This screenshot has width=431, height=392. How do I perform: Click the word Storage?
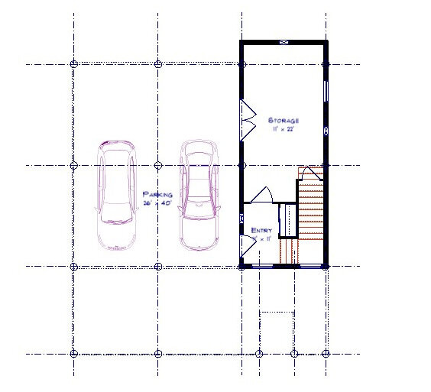click(283, 121)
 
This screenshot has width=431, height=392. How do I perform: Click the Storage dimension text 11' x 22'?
click(283, 130)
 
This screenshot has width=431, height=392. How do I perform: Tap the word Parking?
click(157, 194)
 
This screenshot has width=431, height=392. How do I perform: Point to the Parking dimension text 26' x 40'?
click(157, 202)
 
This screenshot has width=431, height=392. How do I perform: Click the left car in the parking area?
click(116, 194)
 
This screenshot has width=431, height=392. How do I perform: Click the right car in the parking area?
click(199, 194)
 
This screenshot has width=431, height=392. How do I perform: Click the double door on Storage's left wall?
click(248, 119)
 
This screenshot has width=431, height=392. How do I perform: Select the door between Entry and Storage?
click(261, 194)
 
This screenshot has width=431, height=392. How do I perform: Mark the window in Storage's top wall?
click(284, 43)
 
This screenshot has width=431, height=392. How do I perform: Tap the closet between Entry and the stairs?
click(287, 220)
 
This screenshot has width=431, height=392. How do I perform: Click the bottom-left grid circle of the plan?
click(74, 354)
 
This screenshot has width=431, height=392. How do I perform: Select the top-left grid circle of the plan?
click(74, 64)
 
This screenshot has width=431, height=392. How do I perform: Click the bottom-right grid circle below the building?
click(326, 354)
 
